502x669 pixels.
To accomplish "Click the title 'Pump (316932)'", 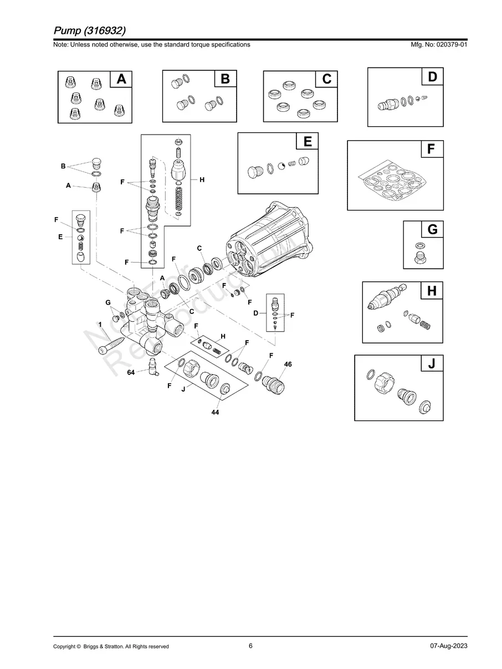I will pos(93,29).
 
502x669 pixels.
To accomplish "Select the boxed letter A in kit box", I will pos(121,80).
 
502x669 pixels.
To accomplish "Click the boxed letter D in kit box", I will pos(432,78).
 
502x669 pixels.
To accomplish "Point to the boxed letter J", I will pos(432,364).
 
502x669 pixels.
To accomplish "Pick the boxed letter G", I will pos(432,229).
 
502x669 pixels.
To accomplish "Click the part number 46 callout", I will pos(288,364).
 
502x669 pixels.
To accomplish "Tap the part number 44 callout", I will pos(215,413).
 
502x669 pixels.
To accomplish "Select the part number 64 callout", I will pos(131,373).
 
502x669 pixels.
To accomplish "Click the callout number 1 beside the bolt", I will pos(100,324).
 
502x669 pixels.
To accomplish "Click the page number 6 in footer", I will pos(250,646).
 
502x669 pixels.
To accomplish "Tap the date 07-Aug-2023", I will pos(448,646).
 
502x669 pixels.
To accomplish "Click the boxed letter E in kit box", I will pos(307,142).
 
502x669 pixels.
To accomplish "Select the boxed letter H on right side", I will pos(432,291).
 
